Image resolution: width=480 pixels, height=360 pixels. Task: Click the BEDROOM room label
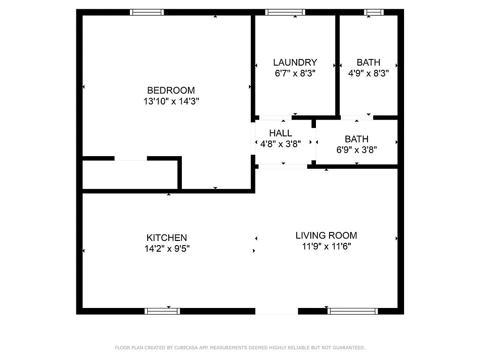[171, 90]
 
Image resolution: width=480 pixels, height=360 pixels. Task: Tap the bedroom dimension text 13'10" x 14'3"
[171, 101]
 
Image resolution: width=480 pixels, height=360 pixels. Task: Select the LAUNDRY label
[295, 62]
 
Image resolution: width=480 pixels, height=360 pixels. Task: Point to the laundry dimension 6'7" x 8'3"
[295, 73]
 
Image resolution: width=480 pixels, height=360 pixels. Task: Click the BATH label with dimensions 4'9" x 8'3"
[368, 62]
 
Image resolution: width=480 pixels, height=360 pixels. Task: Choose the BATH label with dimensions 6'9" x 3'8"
[356, 139]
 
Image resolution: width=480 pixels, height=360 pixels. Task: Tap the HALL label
[280, 133]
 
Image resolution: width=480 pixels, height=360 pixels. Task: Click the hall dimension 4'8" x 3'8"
[280, 144]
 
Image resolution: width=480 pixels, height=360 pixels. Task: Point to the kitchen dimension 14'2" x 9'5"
[166, 249]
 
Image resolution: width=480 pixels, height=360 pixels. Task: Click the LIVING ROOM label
[326, 235]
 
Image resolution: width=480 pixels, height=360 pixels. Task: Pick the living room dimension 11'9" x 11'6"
[326, 246]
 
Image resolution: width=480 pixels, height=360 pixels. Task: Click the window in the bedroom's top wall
[147, 12]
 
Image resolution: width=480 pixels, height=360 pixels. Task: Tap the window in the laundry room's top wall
[285, 12]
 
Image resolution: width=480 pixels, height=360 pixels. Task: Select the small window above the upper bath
[374, 12]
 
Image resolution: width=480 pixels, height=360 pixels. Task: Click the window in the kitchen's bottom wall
[162, 311]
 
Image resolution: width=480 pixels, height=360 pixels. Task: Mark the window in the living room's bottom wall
[353, 311]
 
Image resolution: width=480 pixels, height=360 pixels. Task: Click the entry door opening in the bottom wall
[277, 311]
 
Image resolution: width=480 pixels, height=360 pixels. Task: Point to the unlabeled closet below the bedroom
[130, 175]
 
